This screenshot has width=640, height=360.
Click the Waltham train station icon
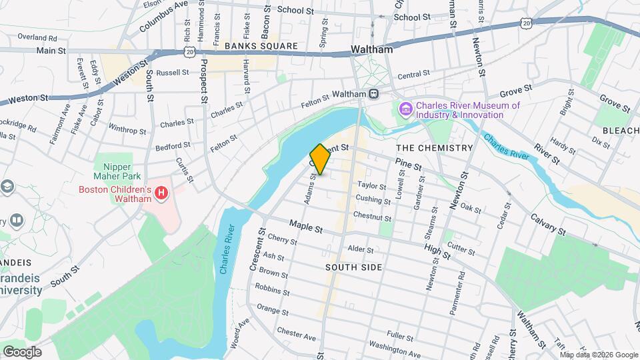pyautogui.click(x=374, y=94)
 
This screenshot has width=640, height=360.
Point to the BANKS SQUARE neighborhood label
pyautogui.click(x=261, y=46)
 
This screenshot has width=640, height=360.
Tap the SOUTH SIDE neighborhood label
pyautogui.click(x=354, y=267)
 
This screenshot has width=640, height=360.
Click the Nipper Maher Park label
pyautogui.click(x=117, y=171)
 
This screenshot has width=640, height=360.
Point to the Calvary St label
pyautogui.click(x=548, y=225)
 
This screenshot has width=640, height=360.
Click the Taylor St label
pyautogui.click(x=372, y=186)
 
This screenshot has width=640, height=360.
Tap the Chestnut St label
pyautogui.click(x=372, y=218)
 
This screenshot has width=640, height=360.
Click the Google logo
pyautogui.click(x=21, y=352)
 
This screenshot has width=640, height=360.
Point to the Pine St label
pyautogui.click(x=408, y=164)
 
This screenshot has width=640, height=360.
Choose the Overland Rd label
pyautogui.click(x=37, y=38)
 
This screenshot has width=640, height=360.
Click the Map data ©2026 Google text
pyautogui.click(x=599, y=355)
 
